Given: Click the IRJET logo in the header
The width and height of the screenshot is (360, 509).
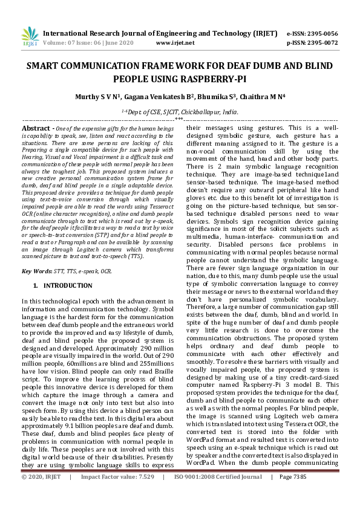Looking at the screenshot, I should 30,37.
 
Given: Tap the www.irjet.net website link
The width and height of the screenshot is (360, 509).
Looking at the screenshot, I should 175,43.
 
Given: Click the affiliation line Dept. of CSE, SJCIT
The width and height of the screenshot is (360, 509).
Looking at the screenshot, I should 180,112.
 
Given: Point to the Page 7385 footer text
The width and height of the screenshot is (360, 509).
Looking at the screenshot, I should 293,494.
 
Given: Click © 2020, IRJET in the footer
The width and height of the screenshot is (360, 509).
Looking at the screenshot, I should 42,494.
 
